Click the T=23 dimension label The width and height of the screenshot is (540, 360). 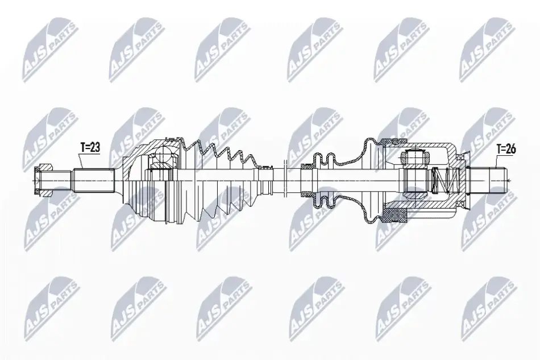click(90, 147)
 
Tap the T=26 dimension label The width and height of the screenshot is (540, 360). click(506, 149)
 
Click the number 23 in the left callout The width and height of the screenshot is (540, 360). click(95, 147)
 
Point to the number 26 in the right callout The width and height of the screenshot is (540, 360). click(511, 149)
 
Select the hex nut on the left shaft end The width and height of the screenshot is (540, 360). click(43, 180)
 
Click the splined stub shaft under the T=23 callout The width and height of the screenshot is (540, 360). click(94, 180)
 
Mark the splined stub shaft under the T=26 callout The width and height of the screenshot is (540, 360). click(488, 180)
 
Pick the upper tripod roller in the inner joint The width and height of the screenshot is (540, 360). click(416, 157)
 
